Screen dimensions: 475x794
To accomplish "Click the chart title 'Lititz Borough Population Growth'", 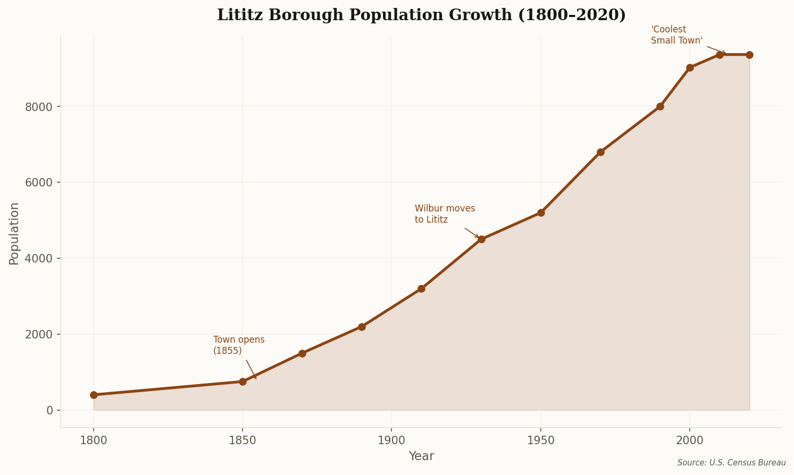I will [421, 15].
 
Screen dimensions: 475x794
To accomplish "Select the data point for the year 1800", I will [94, 395].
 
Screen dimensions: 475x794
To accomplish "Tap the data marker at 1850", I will [243, 381].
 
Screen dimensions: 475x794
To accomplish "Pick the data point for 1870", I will [302, 353].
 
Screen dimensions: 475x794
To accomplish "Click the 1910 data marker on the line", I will [421, 289].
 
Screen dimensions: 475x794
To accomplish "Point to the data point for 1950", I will [541, 213].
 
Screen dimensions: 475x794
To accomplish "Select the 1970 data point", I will [600, 152].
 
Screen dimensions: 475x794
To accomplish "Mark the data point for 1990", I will [660, 106].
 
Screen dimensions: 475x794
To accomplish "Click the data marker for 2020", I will [749, 55].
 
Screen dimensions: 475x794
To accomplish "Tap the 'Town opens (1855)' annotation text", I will [239, 345].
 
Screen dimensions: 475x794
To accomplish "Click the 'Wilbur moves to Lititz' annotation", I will [445, 214].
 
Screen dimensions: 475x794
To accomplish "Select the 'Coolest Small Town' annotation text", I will [676, 35].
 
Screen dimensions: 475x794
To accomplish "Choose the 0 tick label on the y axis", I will [49, 411].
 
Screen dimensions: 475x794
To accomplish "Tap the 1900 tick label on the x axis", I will [391, 440].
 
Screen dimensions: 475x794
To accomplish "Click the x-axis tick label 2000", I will [690, 440].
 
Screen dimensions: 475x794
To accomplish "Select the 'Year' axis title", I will [421, 456].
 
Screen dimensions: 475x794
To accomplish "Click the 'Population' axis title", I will [14, 233].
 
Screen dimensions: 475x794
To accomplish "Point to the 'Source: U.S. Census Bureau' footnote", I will [731, 463].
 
